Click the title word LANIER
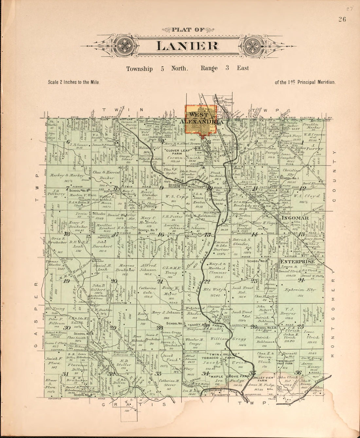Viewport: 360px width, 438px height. tap(187, 46)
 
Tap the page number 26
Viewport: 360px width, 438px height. tap(342, 19)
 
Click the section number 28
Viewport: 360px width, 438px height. tap(159, 328)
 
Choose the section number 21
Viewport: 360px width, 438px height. tap(160, 281)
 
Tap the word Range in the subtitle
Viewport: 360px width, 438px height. tap(209, 68)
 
